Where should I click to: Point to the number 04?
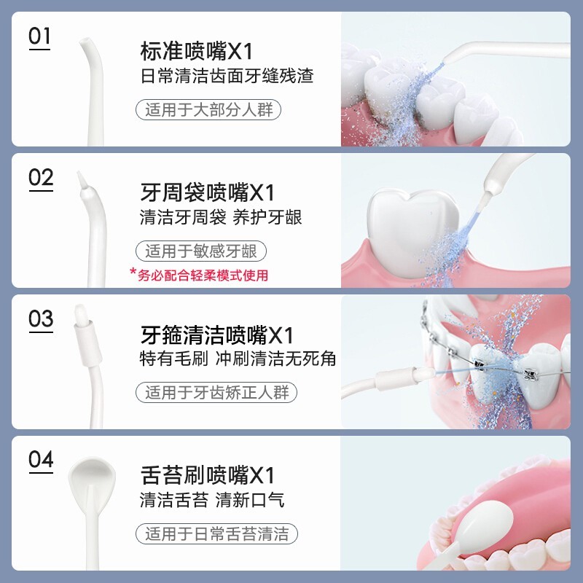[x=41, y=460]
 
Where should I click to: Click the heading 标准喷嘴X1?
[x=196, y=51]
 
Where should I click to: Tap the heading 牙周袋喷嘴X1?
[x=207, y=192]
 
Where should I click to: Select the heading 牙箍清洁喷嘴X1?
[x=216, y=334]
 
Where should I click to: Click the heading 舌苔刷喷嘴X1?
[x=207, y=475]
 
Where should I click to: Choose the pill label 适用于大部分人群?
[x=208, y=110]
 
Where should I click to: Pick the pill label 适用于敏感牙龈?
[x=201, y=251]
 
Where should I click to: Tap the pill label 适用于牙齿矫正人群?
[x=216, y=392]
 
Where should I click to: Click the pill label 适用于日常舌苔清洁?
[x=216, y=533]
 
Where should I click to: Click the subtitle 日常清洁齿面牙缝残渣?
[x=227, y=76]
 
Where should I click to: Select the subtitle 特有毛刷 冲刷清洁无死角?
[x=238, y=359]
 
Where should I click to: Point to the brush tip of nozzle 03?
[x=82, y=314]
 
